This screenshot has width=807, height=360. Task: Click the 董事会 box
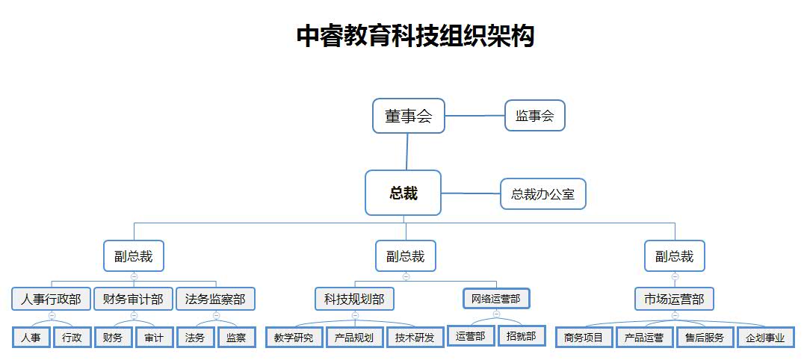click(409, 116)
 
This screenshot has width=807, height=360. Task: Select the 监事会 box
click(534, 116)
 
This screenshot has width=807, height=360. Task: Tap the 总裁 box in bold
click(403, 193)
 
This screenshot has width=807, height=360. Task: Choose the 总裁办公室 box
click(542, 194)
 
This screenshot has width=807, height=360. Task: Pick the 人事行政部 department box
click(51, 300)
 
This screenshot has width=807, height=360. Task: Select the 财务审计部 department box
click(134, 300)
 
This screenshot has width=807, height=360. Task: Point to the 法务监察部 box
click(216, 300)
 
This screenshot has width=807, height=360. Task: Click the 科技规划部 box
click(354, 300)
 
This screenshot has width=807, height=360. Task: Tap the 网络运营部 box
click(496, 300)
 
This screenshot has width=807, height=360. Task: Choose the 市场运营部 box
click(675, 300)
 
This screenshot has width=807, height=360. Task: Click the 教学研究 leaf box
click(294, 338)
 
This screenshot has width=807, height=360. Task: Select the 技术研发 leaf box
click(415, 338)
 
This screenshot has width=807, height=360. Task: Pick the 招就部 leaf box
click(521, 337)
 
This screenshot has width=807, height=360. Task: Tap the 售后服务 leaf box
click(705, 338)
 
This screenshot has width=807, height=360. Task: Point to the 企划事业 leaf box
click(765, 338)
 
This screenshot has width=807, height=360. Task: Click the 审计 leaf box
click(154, 338)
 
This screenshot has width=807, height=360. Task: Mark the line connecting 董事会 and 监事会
click(474, 116)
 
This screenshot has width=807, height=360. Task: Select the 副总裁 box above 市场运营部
click(675, 256)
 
